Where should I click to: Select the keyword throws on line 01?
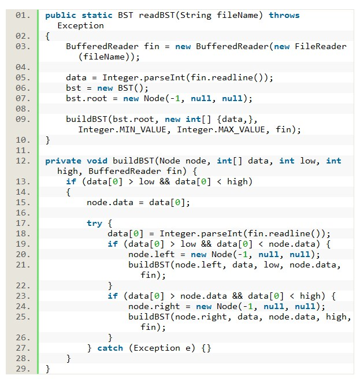[x=284, y=15]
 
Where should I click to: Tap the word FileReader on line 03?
[x=321, y=46]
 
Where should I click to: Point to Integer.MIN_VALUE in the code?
[x=123, y=129]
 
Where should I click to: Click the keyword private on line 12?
[x=63, y=161]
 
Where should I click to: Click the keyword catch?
[x=110, y=348]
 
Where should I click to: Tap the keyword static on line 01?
[x=97, y=15]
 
